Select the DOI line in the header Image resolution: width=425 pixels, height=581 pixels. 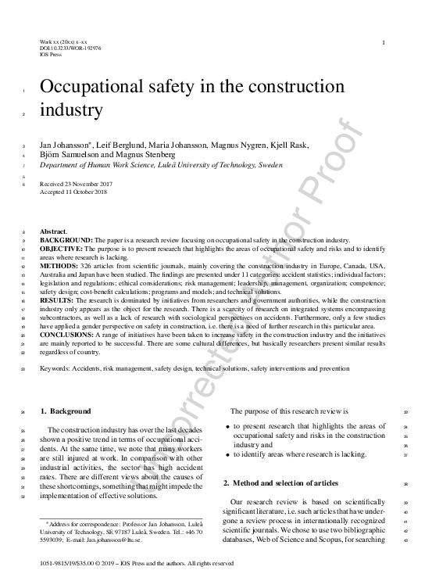pyautogui.click(x=70, y=48)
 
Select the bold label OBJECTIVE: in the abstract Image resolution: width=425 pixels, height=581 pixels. pyautogui.click(x=62, y=248)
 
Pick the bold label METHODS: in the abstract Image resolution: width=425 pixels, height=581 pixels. pyautogui.click(x=59, y=266)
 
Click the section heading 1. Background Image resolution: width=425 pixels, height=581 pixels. pyautogui.click(x=65, y=411)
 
